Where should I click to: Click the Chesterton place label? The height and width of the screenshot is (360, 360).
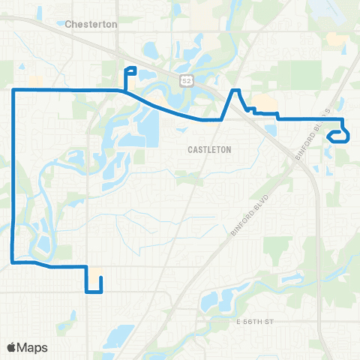point(91,24)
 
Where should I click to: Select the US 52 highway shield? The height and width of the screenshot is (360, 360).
point(184,79)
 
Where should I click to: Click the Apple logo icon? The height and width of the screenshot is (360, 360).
point(12,347)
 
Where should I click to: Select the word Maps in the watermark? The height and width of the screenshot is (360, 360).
point(32,347)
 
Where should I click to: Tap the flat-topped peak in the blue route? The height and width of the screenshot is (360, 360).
point(234,91)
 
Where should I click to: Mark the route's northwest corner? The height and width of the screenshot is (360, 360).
point(13,90)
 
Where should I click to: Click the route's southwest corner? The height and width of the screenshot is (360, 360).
point(13,262)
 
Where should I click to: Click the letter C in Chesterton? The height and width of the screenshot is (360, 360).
point(68,24)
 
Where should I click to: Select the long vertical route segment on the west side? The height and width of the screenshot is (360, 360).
point(13,176)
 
